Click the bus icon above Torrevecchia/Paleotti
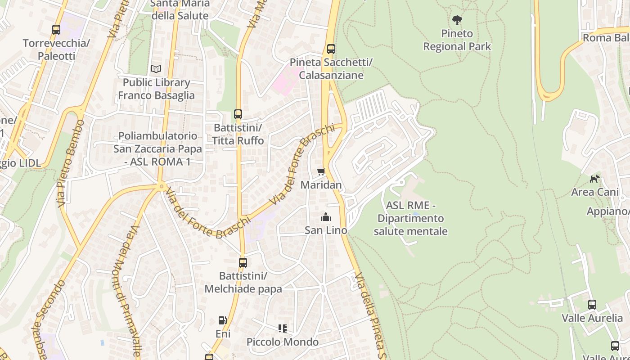56,30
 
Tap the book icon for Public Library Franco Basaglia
156,69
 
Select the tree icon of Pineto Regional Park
457,20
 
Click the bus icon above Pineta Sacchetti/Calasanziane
331,49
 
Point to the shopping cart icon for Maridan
321,171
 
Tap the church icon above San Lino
326,217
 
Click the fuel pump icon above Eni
222,320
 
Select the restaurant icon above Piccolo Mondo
283,328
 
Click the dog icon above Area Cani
594,179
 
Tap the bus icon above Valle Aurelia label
592,305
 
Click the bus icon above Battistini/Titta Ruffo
238,114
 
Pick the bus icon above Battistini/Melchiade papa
243,262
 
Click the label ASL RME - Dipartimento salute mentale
410,218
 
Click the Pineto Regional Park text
457,40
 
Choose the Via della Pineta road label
372,315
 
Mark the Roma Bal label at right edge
606,37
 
